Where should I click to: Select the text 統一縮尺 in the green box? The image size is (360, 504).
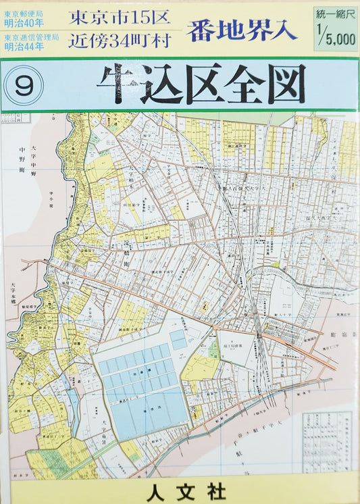coord(336,14)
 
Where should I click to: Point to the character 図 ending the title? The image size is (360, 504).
coord(282,84)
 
